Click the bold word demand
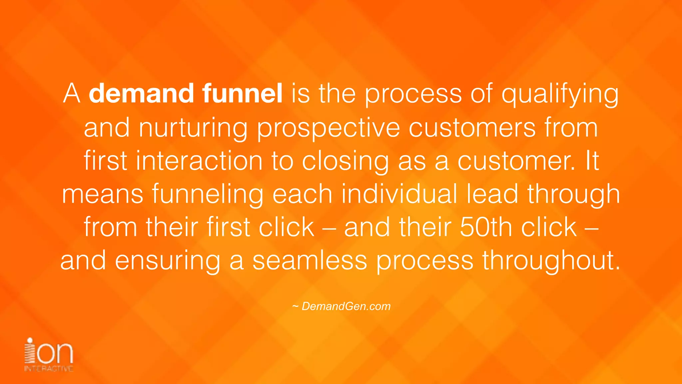[141, 93]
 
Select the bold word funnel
[242, 93]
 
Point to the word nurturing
[193, 128]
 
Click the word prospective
[328, 128]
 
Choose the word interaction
[199, 161]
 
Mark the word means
[103, 194]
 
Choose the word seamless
[310, 260]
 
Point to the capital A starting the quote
[72, 93]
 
